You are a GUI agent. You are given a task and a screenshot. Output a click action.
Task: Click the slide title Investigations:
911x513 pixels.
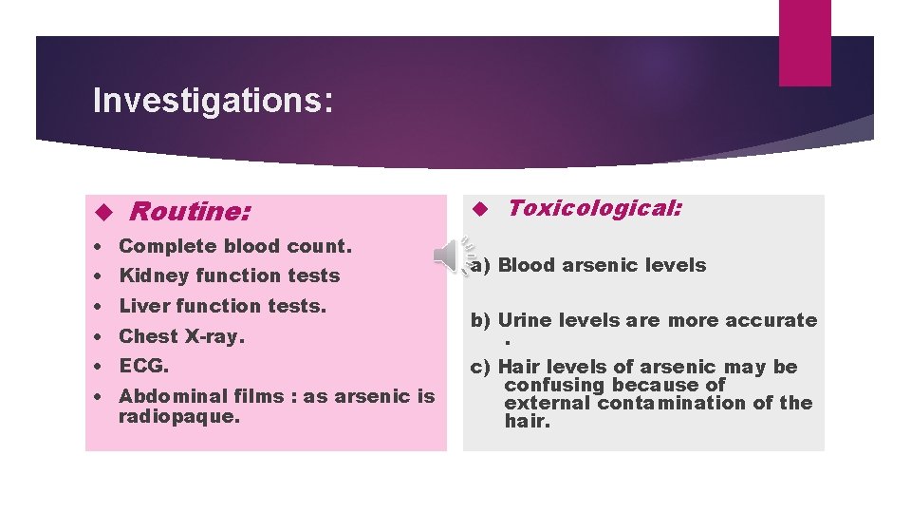[x=213, y=101]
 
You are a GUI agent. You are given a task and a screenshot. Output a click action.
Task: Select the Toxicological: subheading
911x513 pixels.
[x=594, y=208]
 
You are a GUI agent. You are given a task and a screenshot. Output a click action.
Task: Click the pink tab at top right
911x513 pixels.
[x=804, y=43]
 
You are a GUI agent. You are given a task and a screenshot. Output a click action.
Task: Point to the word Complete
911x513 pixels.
[x=167, y=246]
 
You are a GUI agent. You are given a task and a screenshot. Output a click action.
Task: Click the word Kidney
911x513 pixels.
[x=148, y=275]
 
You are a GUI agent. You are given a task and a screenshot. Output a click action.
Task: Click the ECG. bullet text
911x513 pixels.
[x=143, y=366]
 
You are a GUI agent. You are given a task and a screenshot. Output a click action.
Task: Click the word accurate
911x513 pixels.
[x=769, y=320]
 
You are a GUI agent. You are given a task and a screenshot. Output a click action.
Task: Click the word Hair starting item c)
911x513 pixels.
[x=519, y=367]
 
